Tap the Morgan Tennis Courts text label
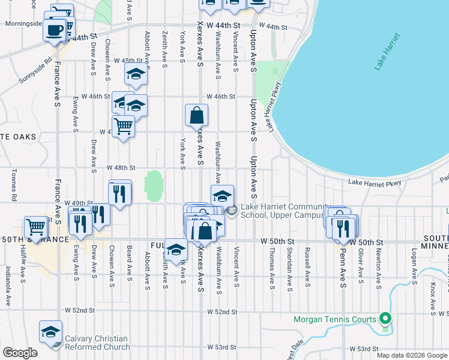pos(334,319)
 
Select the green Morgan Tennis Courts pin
pos(386,319)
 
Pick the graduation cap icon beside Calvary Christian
pos(51,332)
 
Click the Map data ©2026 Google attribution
pos(411,355)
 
